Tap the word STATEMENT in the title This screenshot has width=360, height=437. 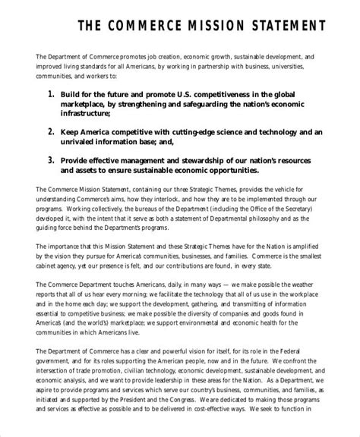coord(292,27)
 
